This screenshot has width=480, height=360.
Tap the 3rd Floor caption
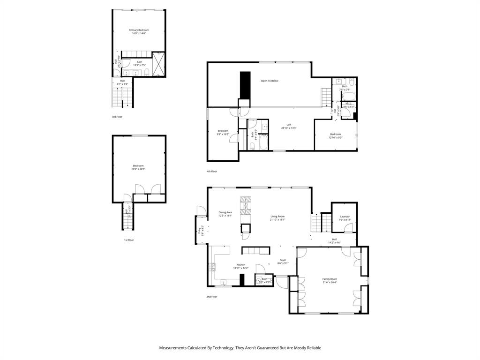[117, 117]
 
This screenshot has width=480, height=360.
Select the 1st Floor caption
[129, 240]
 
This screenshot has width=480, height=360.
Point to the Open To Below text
[270, 81]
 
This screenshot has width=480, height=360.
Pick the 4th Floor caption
[212, 172]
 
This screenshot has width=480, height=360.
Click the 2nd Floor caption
[212, 297]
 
